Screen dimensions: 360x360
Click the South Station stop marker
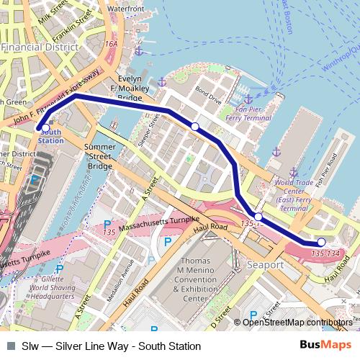46,127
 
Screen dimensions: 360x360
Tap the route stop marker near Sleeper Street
194,127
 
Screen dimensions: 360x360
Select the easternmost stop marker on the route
321,242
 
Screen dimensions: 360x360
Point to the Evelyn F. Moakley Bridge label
130,88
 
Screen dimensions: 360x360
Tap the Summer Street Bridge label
100,156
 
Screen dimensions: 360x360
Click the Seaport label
266,265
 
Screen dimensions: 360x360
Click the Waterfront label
126,9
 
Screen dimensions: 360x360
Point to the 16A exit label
110,44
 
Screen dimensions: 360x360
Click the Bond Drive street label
208,94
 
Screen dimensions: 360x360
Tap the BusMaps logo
325,346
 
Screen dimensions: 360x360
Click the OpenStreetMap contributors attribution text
297,323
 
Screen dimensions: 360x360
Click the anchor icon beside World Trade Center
294,173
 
